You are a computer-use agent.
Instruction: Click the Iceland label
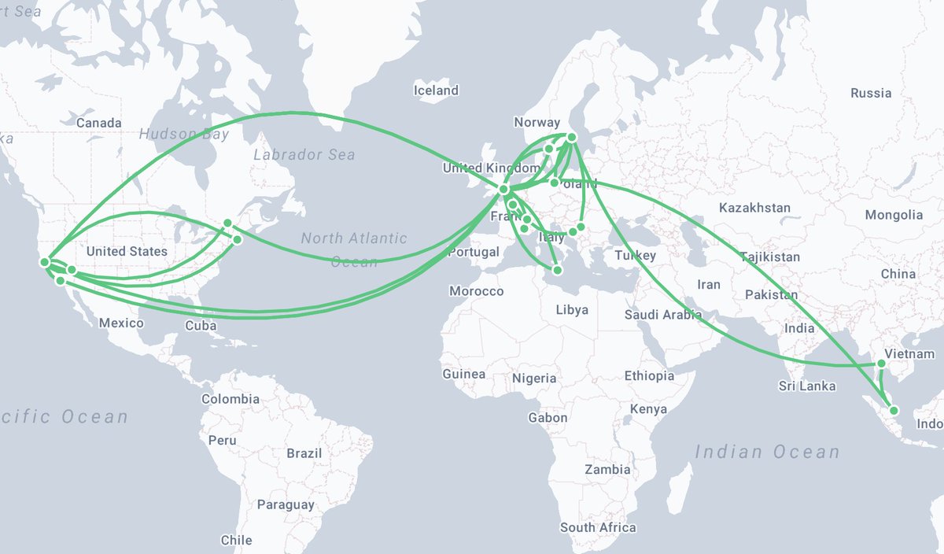[436, 90]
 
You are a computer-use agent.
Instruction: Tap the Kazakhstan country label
[754, 208]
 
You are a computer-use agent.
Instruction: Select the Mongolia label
[894, 215]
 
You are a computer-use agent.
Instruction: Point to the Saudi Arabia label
[663, 315]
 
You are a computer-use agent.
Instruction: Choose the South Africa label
[598, 527]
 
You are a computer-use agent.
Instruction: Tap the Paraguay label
[286, 504]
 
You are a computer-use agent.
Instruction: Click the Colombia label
[230, 399]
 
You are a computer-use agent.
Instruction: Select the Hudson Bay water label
[184, 134]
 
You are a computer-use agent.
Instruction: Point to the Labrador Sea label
[304, 155]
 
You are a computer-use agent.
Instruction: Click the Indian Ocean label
[767, 452]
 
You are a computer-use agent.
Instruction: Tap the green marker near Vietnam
[881, 364]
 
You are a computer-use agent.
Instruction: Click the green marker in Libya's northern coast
[558, 271]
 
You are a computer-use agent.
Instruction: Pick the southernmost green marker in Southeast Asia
[894, 410]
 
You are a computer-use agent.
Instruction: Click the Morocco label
[476, 291]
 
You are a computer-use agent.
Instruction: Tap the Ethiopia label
[649, 376]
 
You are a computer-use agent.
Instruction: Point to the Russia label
[871, 93]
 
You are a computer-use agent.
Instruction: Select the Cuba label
[201, 325]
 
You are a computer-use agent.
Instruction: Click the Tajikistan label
[769, 257]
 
